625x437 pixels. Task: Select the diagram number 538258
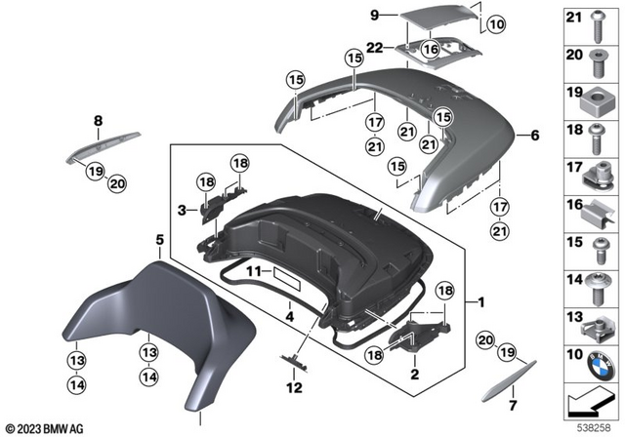(593, 426)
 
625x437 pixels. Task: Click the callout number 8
(98, 121)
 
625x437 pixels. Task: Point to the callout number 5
(159, 239)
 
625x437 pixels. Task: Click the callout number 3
(181, 209)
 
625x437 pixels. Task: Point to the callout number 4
(289, 315)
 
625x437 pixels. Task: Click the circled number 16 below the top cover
(431, 48)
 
